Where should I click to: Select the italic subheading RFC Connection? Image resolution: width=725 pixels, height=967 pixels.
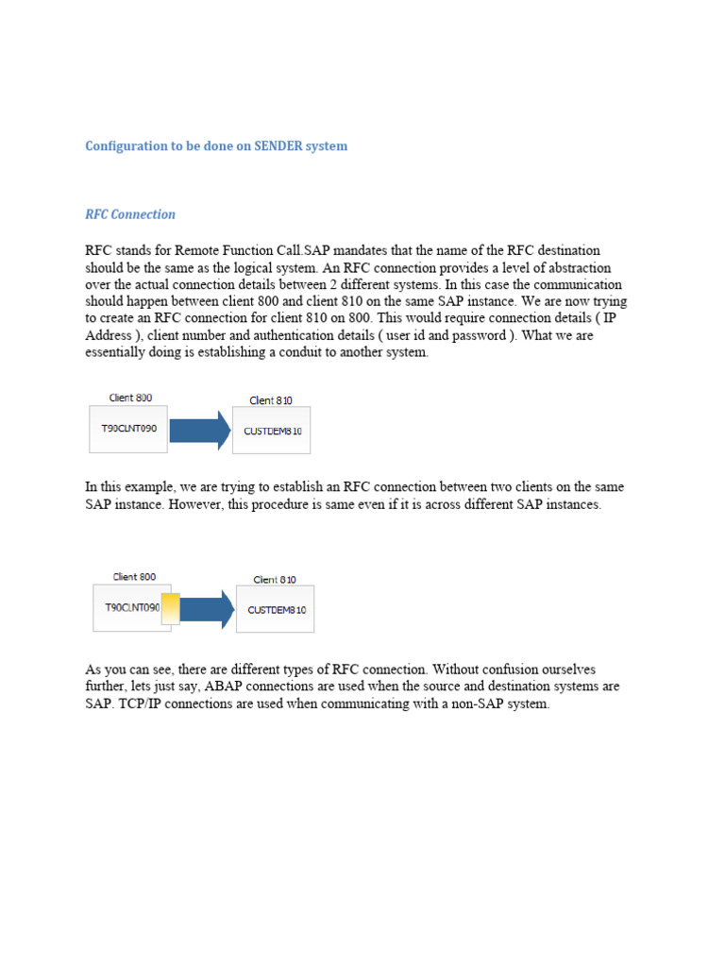pyautogui.click(x=130, y=214)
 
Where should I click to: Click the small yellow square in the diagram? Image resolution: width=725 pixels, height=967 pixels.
pyautogui.click(x=171, y=609)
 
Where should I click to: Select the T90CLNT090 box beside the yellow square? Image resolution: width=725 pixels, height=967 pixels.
pyautogui.click(x=131, y=610)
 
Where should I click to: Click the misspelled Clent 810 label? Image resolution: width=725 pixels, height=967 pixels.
pyautogui.click(x=271, y=400)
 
